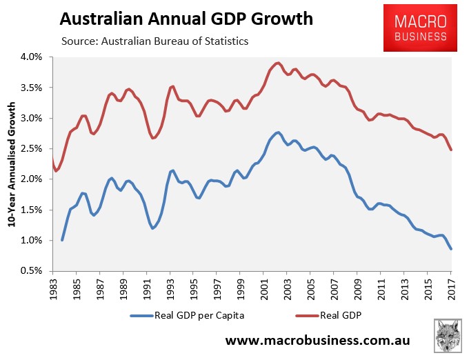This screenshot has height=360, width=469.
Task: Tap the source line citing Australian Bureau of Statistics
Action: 154,42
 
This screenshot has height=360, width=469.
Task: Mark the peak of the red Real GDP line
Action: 277,63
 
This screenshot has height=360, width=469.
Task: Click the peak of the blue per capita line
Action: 277,132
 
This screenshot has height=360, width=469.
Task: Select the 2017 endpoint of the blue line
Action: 451,249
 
